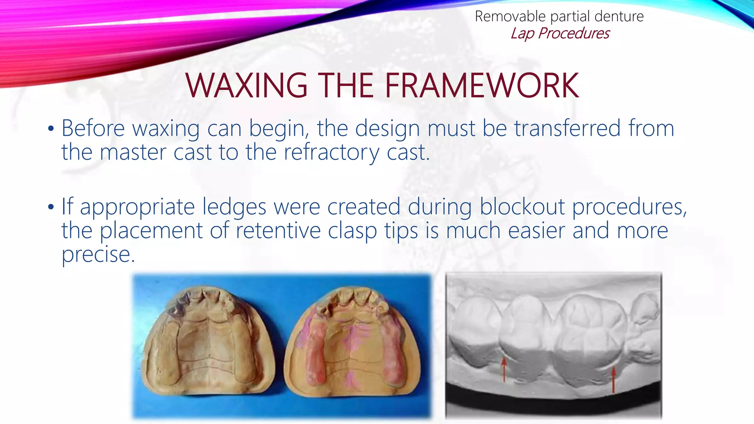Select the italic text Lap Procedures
(560, 33)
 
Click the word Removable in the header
(510, 17)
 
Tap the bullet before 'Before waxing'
(51, 129)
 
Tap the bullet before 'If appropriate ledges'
(51, 207)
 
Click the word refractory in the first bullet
(331, 152)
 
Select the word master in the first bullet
(133, 152)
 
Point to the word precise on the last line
(98, 255)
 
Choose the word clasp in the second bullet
(352, 231)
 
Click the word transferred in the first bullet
(567, 128)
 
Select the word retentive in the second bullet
(278, 231)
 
